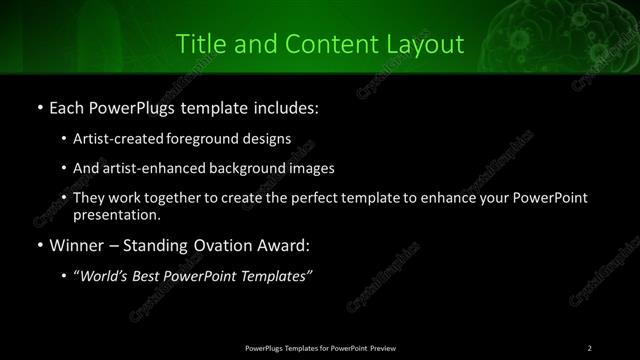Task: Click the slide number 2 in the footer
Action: click(x=590, y=347)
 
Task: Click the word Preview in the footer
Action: click(x=380, y=347)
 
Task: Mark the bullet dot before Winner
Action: click(x=39, y=245)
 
